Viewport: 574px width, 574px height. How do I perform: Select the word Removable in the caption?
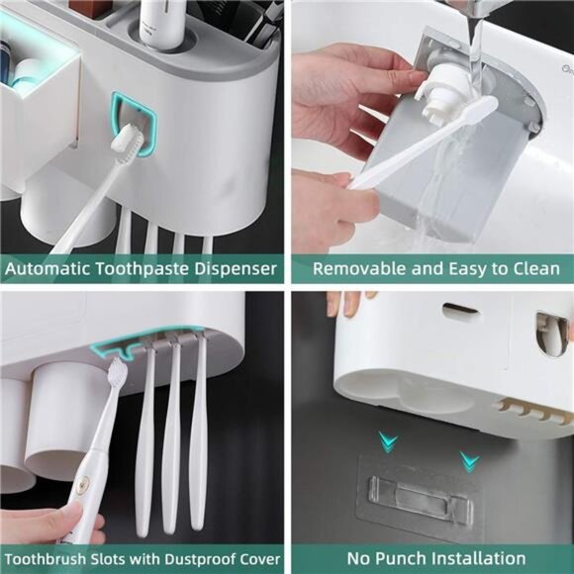356,269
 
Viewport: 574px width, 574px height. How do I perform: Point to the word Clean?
534,269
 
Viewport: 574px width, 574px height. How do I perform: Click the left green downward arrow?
391,442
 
